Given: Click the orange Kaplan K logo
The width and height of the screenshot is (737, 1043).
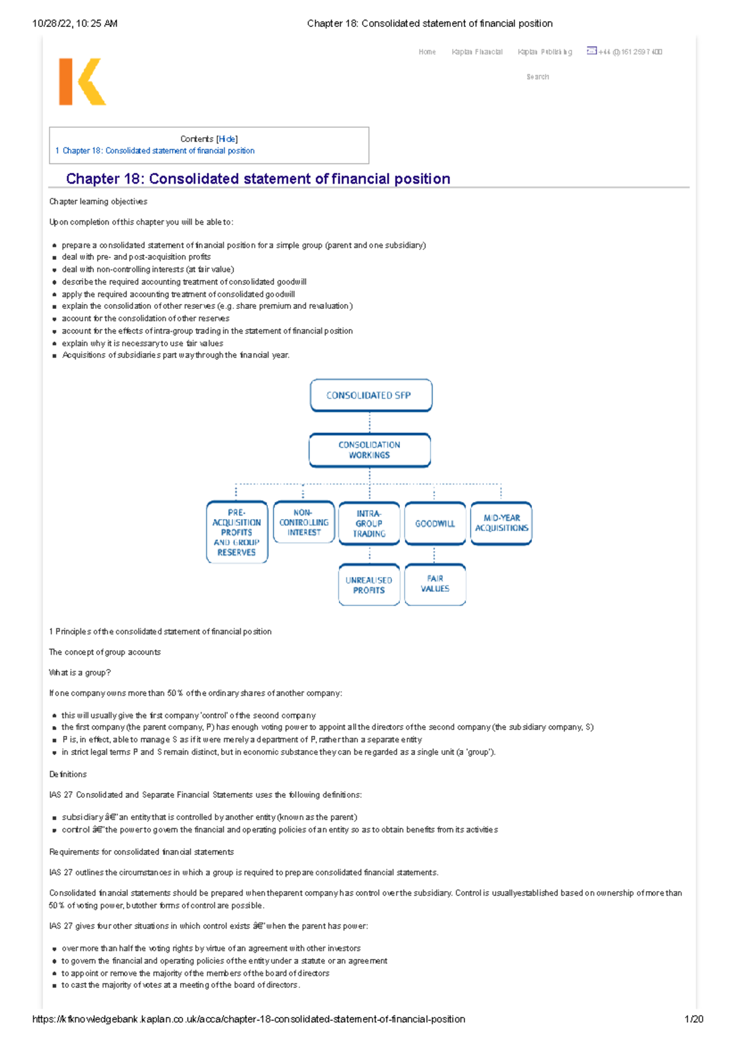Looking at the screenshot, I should click(82, 82).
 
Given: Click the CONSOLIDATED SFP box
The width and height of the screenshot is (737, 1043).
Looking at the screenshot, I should click(370, 395).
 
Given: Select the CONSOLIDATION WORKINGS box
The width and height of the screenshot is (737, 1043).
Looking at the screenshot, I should click(369, 450).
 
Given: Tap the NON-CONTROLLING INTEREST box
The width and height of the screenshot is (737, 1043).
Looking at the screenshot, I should click(303, 522).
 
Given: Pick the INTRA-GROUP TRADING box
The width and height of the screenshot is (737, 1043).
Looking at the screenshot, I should click(369, 523).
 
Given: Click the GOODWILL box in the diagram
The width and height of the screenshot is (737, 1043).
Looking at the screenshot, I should click(435, 523).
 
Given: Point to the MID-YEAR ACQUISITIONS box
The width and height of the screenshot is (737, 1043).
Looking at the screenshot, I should click(501, 523).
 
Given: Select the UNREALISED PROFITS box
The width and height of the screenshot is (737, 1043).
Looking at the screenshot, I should click(368, 585).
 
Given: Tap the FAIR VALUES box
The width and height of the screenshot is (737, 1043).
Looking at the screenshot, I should click(435, 584).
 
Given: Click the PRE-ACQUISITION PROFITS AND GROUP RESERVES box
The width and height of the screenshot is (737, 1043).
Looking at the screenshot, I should click(236, 532).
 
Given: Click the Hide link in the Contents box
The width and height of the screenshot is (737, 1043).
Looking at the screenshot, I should click(227, 139).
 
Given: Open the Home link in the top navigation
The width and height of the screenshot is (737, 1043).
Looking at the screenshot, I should click(427, 52).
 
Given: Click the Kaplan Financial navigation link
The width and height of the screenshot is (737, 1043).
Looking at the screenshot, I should click(477, 52).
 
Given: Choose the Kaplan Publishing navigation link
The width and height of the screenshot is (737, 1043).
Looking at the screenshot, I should click(545, 52).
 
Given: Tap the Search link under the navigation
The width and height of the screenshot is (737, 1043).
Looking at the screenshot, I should click(537, 77).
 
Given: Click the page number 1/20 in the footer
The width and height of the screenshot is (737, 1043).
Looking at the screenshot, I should click(693, 1019).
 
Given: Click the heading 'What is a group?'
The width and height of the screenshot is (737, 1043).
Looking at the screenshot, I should click(80, 673).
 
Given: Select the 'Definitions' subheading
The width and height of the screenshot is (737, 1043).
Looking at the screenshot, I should click(68, 774).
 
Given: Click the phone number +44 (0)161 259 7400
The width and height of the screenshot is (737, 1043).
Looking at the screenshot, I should click(630, 52).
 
